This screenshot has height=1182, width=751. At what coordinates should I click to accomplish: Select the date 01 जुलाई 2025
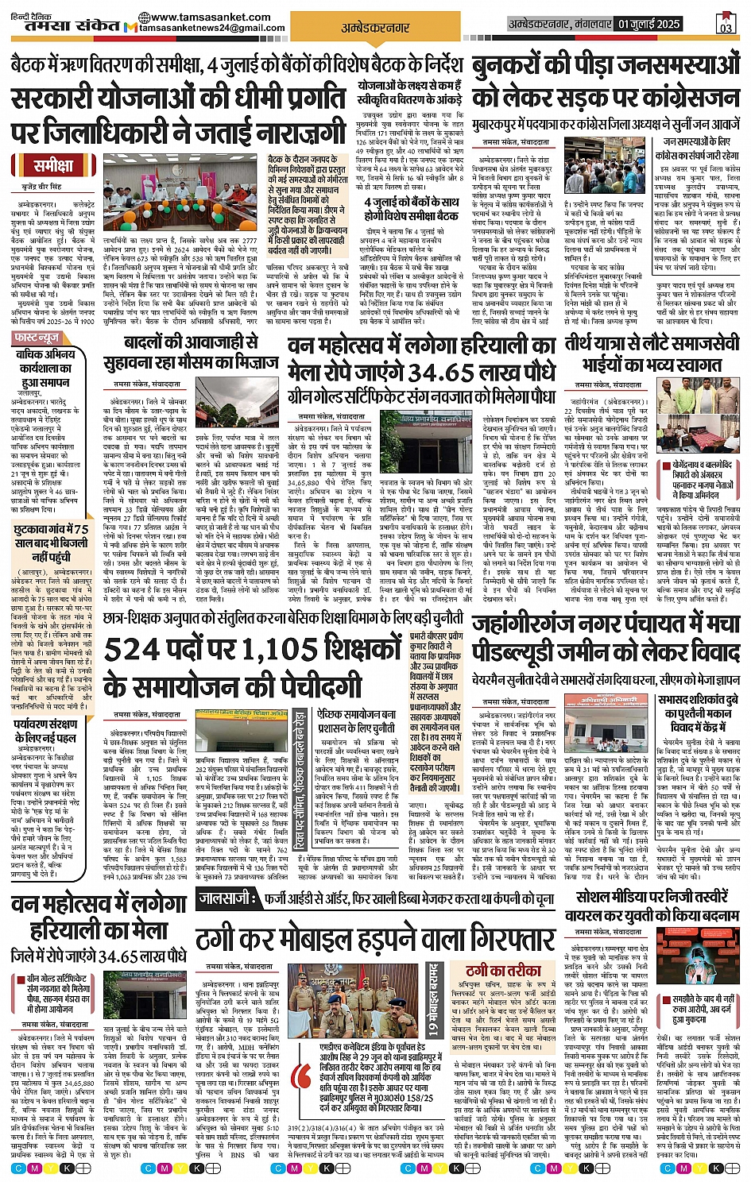click(x=649, y=24)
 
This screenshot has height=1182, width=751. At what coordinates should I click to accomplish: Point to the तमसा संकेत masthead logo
click(x=68, y=23)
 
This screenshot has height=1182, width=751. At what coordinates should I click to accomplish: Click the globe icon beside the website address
click(x=143, y=17)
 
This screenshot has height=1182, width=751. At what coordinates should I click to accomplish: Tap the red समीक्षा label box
click(x=52, y=166)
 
